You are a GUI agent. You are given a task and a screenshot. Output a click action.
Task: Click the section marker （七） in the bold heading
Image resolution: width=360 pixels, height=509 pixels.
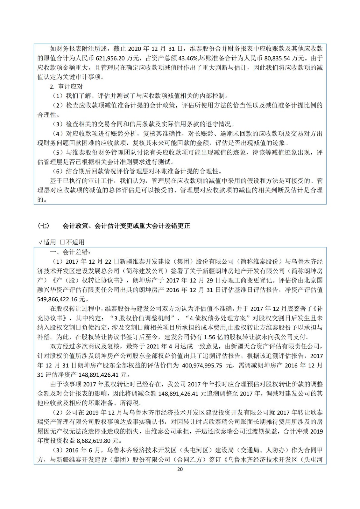pos(44,226)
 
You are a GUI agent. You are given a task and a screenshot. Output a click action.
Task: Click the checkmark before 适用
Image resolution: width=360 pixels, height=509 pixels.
pos(40,242)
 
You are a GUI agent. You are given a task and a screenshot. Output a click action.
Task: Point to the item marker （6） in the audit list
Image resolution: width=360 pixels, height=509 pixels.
pos(58,171)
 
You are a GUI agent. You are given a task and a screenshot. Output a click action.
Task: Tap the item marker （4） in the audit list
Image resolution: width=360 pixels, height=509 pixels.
pos(58,134)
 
